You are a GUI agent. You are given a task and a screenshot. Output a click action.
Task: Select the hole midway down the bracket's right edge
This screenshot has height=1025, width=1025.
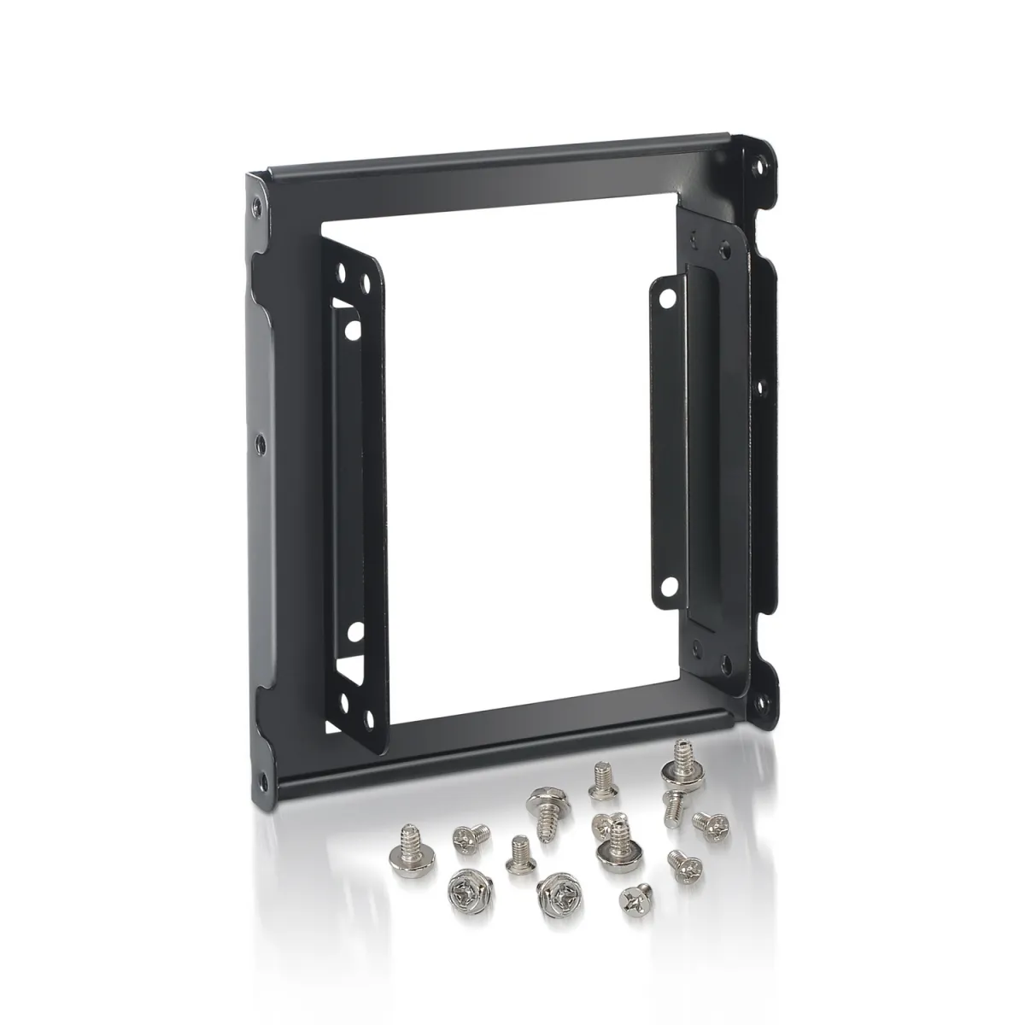point(760,387)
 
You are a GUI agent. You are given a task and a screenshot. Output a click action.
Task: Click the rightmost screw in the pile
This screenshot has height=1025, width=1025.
point(707,823)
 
